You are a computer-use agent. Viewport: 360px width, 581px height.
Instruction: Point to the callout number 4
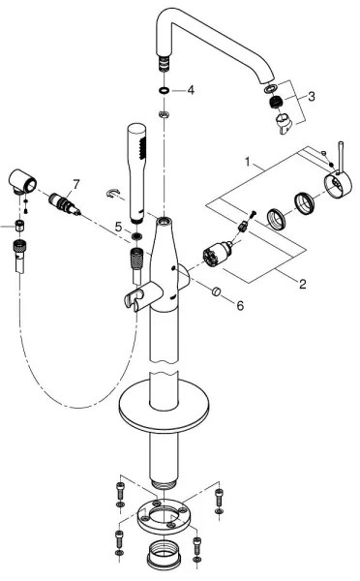pos(191,90)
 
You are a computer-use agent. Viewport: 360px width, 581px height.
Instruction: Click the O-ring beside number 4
pos(165,90)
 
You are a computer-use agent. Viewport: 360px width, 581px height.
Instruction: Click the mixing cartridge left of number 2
pos(212,259)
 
